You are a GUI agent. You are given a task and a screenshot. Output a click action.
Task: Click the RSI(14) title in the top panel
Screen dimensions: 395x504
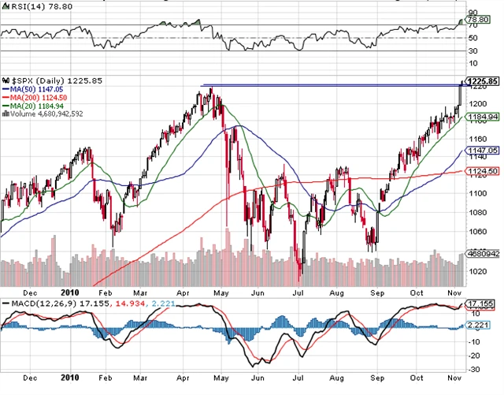(24, 6)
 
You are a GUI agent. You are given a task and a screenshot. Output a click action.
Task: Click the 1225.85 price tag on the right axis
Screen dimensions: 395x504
(482, 81)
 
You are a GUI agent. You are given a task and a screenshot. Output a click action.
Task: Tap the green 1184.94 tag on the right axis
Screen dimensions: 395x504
(482, 117)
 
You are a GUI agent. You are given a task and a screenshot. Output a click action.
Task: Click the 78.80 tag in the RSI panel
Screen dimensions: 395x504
(480, 17)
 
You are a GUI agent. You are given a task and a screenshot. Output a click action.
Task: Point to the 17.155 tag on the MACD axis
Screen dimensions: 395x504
(480, 304)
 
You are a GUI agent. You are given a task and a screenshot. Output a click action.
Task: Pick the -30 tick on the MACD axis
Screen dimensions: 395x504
(475, 369)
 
